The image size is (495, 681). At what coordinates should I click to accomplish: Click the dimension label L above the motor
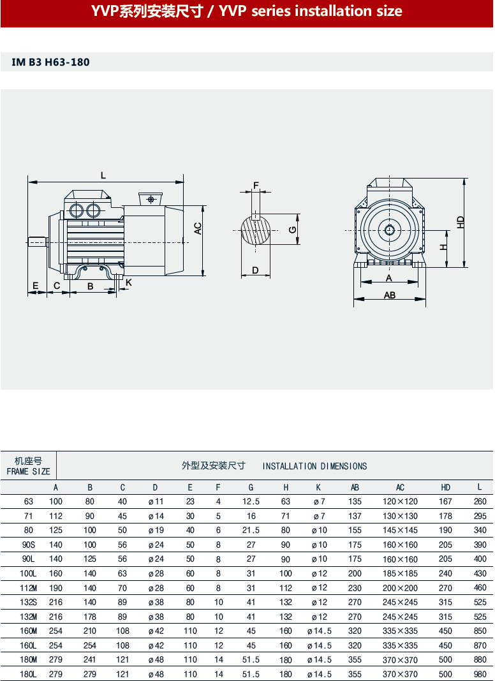103,175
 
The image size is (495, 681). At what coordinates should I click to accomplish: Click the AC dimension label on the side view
198,228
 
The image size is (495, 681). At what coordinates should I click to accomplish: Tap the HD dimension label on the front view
461,223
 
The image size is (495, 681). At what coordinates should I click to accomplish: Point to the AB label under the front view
390,295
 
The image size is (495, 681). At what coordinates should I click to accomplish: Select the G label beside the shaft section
292,230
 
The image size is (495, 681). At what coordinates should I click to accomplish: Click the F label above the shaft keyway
256,186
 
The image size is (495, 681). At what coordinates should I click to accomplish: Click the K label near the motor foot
128,282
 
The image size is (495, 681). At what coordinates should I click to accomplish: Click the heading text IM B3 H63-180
51,62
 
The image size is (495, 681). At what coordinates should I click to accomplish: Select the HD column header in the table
446,488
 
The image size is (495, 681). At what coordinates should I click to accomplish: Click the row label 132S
28,602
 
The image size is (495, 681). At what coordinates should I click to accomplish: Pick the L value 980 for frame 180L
480,674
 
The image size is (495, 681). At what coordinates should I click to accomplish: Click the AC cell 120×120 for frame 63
400,502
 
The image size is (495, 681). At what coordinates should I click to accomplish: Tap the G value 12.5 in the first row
251,502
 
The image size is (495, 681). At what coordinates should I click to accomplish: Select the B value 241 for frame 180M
90,660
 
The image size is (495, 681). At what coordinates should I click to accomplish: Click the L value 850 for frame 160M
480,631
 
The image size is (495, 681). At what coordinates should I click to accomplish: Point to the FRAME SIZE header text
28,472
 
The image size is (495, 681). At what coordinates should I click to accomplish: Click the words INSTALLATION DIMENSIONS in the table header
314,466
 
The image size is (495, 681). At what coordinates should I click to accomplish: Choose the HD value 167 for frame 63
445,502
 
